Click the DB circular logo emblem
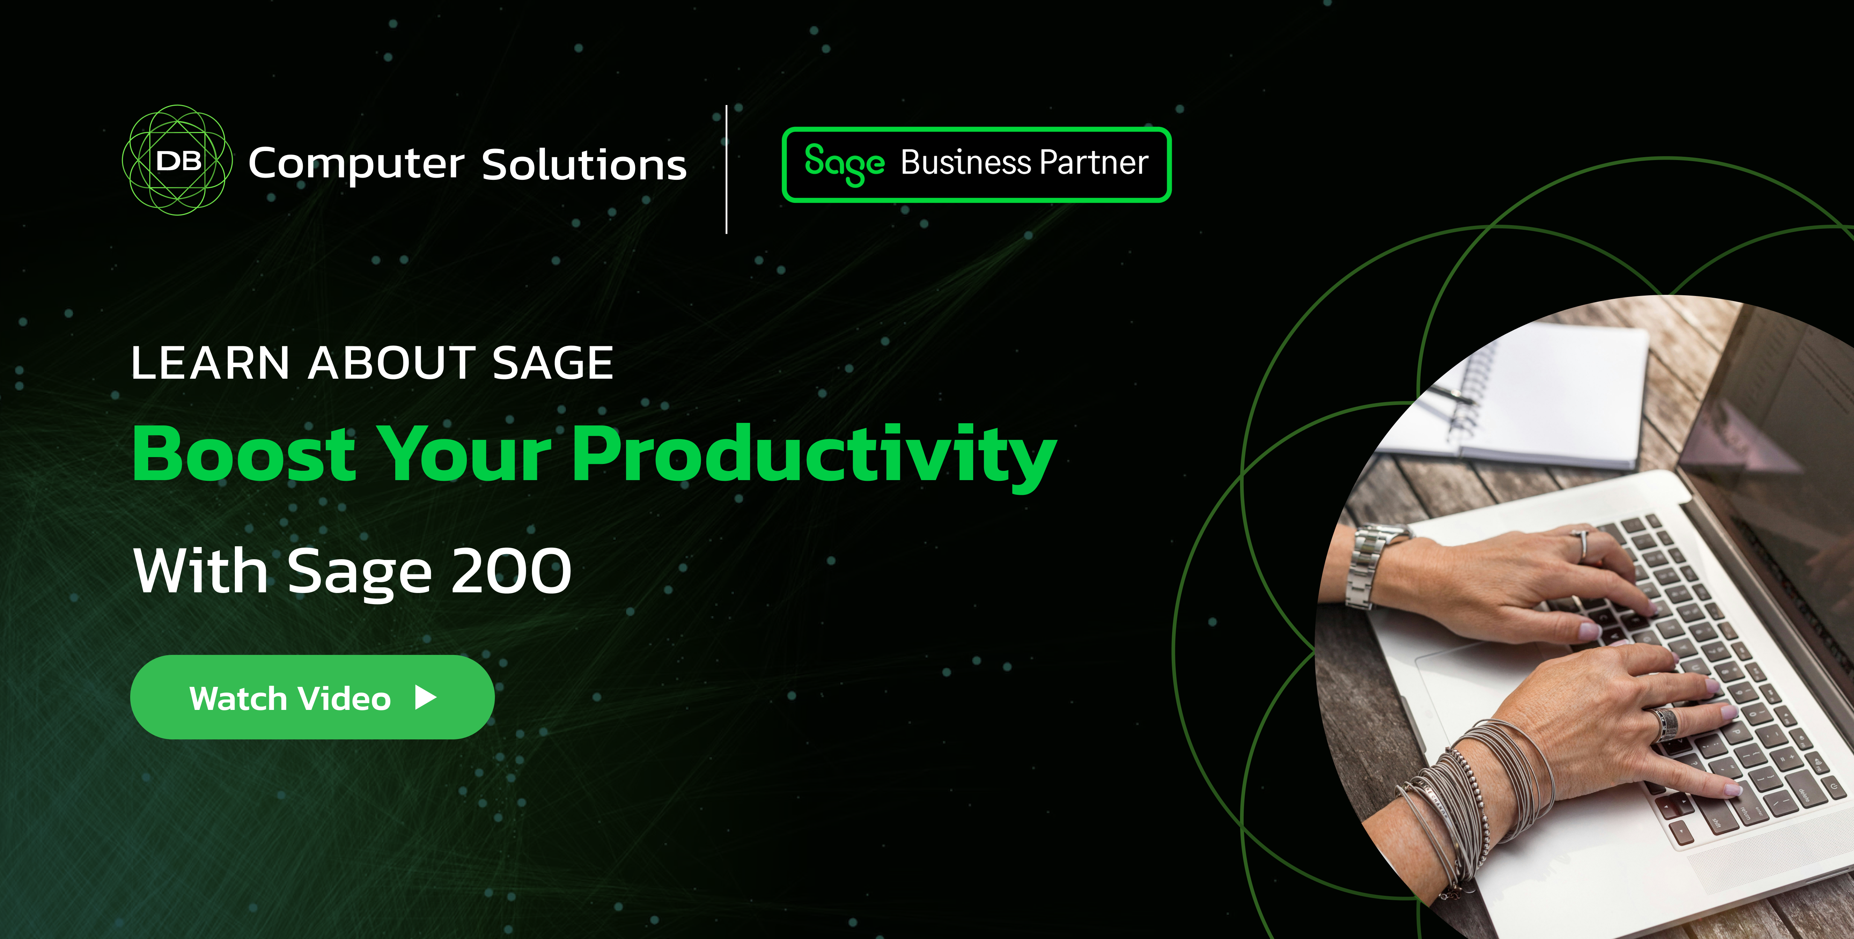tap(177, 160)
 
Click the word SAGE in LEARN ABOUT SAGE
tap(553, 363)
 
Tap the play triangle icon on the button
tap(426, 697)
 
